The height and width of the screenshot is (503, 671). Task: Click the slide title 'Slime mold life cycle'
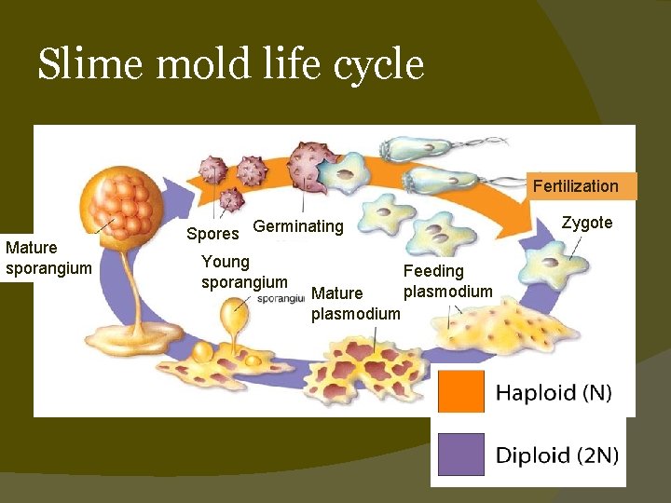point(230,65)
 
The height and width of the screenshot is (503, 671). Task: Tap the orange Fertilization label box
point(575,185)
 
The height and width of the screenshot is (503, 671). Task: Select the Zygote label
point(587,223)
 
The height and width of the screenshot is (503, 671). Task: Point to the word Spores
point(212,234)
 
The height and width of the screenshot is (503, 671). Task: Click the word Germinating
point(298,226)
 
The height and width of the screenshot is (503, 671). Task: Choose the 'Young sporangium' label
point(244,271)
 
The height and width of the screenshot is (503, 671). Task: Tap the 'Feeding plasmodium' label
point(446,281)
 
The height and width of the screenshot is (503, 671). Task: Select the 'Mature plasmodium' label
point(355,304)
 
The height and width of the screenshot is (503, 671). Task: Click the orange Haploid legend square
point(461,392)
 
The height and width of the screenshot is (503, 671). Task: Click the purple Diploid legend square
point(461,455)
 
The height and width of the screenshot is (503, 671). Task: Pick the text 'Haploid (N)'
point(554,393)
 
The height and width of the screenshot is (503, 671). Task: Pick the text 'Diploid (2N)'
point(556,455)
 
